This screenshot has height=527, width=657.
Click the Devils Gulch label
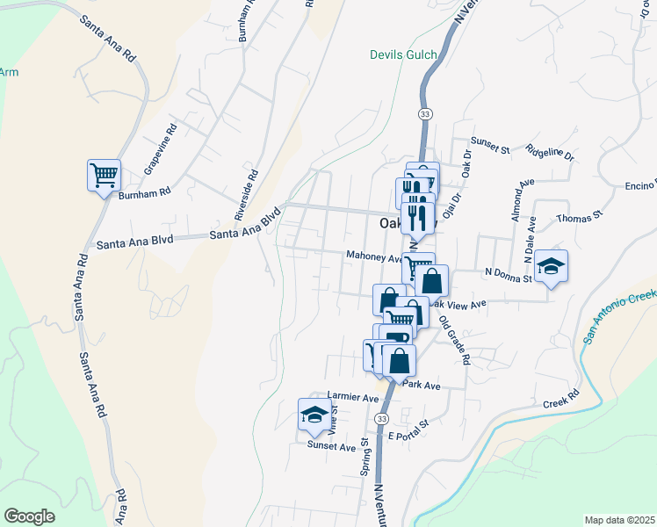coord(402,55)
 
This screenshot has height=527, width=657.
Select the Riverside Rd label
coord(245,194)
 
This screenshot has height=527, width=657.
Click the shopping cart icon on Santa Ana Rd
coord(104,175)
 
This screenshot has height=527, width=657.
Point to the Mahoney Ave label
coord(373,257)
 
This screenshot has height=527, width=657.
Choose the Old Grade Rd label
coord(455,341)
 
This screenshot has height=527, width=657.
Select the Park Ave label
coord(421,385)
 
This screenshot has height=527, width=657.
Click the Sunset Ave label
coord(331,446)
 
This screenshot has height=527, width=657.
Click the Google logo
coord(30,516)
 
